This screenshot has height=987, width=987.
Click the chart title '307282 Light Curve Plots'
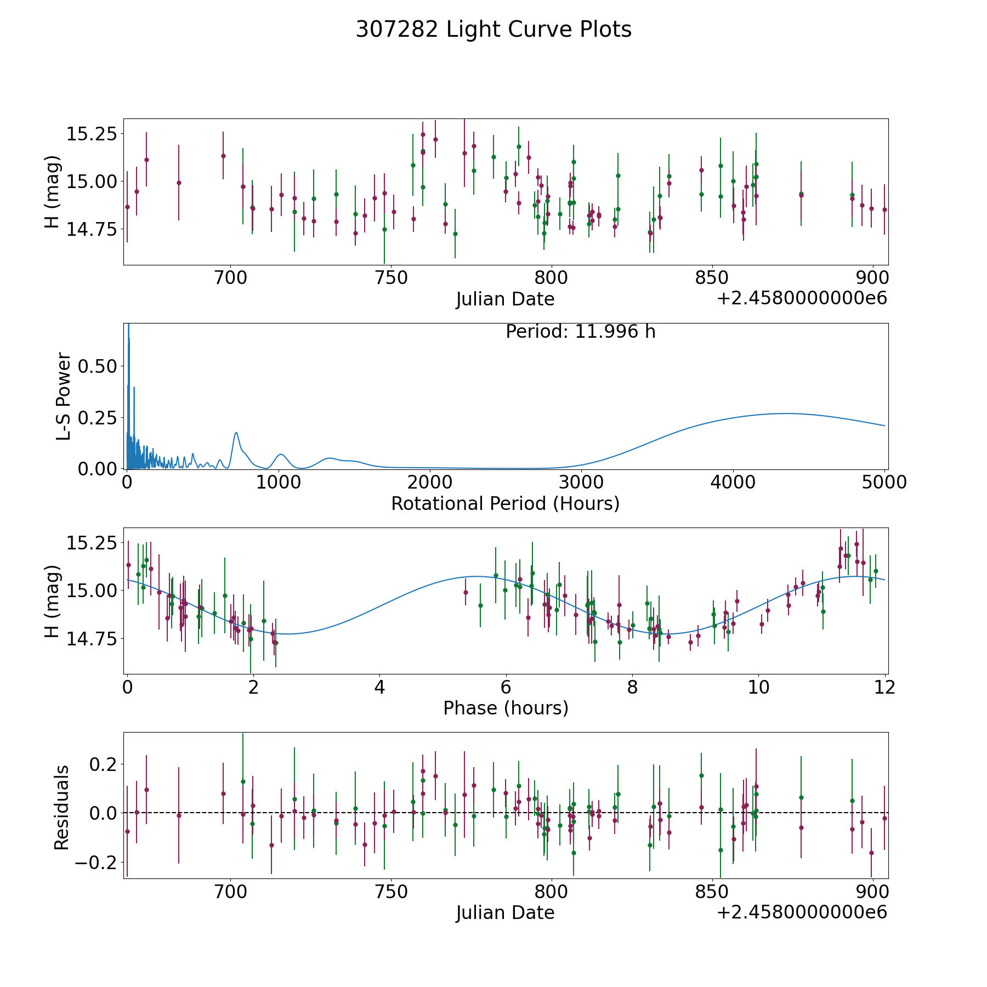[493, 30]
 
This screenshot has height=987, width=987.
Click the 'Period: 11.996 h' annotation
[580, 332]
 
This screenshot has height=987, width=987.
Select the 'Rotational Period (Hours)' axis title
[505, 503]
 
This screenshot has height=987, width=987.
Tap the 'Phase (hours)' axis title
[506, 708]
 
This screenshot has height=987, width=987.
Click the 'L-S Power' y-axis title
[64, 396]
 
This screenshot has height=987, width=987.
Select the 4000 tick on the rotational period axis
[733, 483]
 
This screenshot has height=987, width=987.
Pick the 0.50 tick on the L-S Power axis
[98, 366]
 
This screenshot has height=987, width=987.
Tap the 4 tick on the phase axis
[379, 687]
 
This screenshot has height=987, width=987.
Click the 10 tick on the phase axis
[759, 687]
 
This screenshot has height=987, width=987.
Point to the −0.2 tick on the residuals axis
[88, 862]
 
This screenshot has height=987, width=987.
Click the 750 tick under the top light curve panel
[390, 278]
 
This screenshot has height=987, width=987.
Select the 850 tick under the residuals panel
[711, 892]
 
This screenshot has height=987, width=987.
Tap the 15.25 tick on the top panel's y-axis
[91, 134]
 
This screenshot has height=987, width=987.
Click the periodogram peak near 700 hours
[236, 433]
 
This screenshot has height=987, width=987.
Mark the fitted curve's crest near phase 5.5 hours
[476, 577]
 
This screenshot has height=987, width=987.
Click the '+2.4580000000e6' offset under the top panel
[802, 299]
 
